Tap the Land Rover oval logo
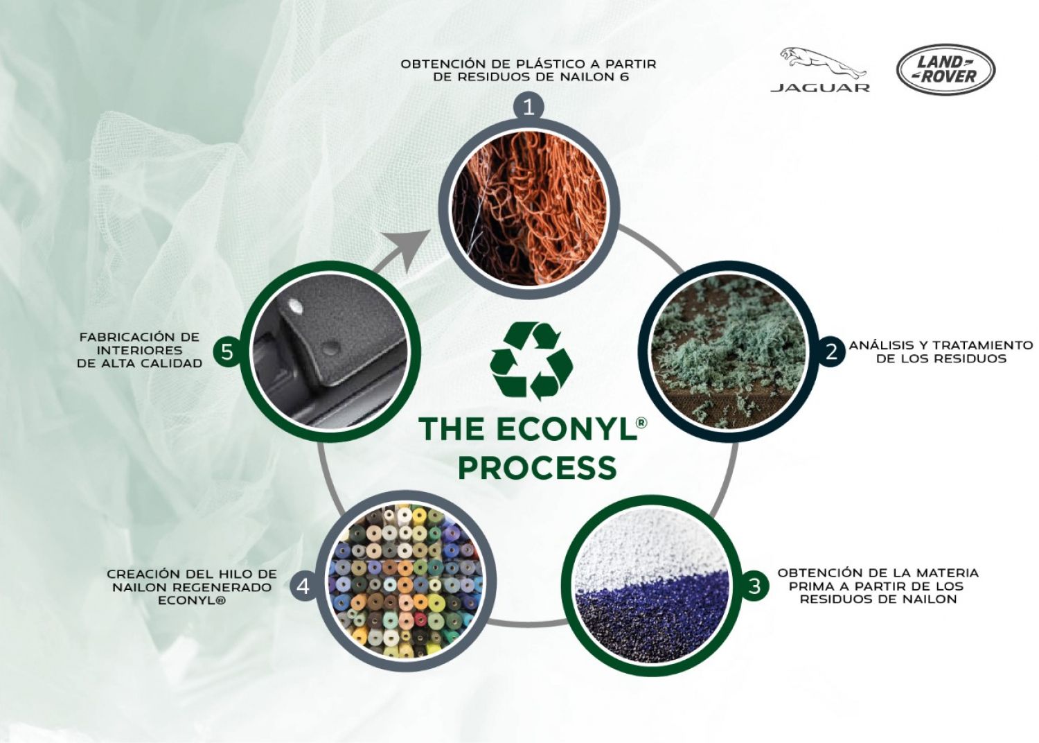(946, 70)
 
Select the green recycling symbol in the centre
(531, 361)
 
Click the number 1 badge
(529, 107)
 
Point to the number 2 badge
(831, 351)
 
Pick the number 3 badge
(754, 586)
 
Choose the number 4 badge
(303, 586)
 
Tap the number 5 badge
(227, 352)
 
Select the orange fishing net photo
(529, 209)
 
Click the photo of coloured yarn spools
(405, 582)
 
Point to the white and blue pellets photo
(652, 586)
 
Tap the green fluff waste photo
(728, 351)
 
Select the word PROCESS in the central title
(537, 467)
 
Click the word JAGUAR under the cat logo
(820, 88)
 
